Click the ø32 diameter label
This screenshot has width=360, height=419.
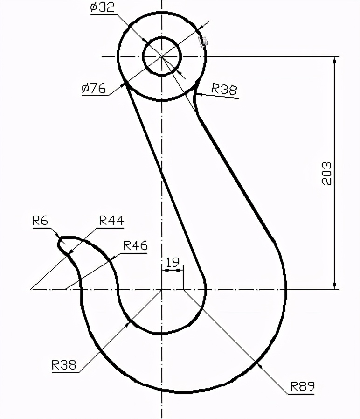point(102,8)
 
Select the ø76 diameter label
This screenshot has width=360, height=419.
point(94,88)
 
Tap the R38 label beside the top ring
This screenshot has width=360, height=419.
point(224,89)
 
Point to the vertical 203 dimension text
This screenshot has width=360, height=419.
point(327,173)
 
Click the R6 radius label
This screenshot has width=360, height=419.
point(40,220)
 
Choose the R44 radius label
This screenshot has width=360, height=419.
point(111,220)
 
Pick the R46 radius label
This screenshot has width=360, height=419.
point(135,245)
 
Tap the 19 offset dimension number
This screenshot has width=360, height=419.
point(172,261)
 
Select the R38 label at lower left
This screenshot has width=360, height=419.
point(64,364)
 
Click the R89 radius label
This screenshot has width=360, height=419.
point(302,386)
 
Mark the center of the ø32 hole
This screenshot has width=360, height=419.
point(161,56)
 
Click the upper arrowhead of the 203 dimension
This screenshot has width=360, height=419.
point(334,60)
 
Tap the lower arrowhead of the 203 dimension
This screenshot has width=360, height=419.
point(334,285)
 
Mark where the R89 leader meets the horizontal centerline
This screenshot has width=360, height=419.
point(183,289)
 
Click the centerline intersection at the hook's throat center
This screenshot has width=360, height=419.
point(161,289)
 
